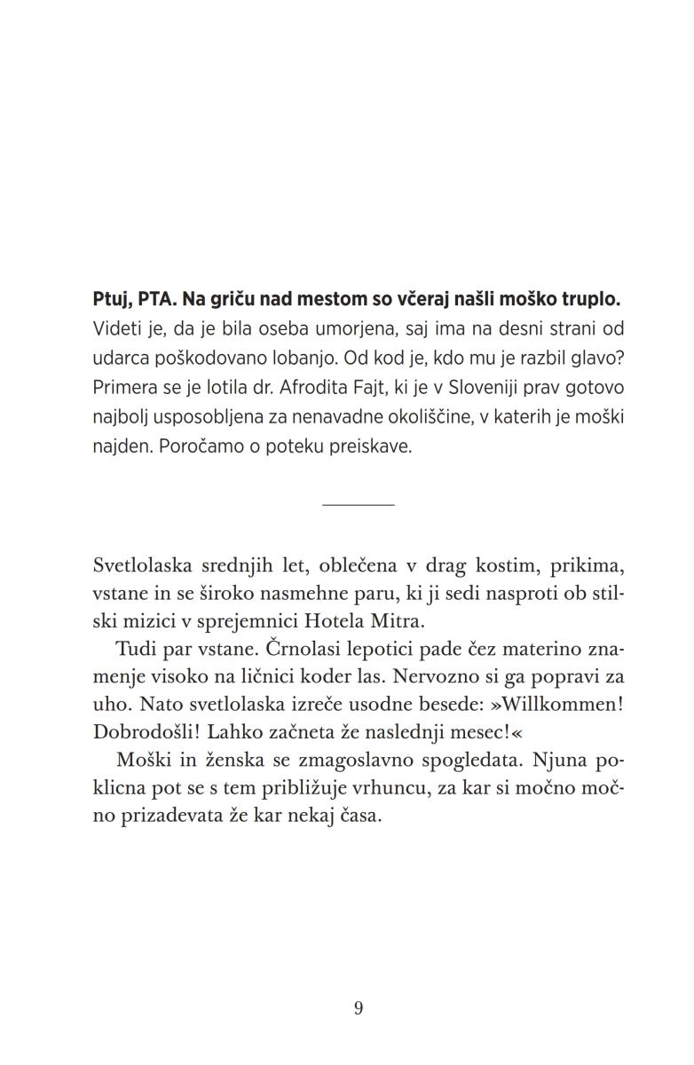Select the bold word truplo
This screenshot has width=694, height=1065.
(595, 300)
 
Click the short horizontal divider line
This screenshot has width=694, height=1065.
(358, 505)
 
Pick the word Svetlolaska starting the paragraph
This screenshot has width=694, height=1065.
(145, 566)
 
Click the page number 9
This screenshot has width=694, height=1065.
(358, 1008)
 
